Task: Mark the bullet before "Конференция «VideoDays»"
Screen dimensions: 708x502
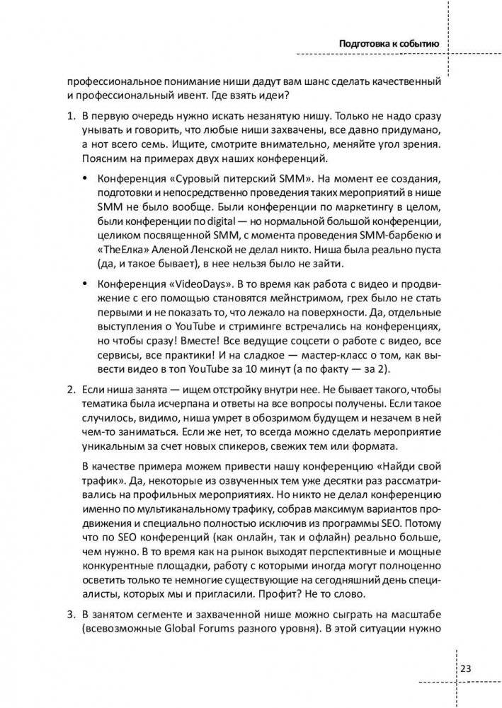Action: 86,284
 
